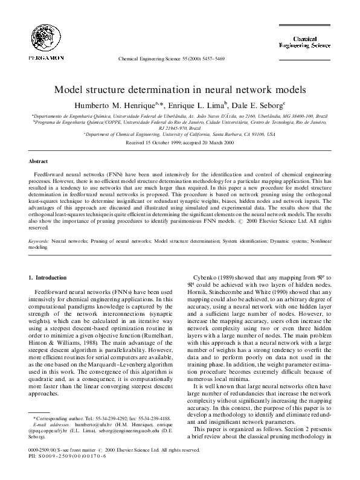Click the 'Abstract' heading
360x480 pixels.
pos(38,162)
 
